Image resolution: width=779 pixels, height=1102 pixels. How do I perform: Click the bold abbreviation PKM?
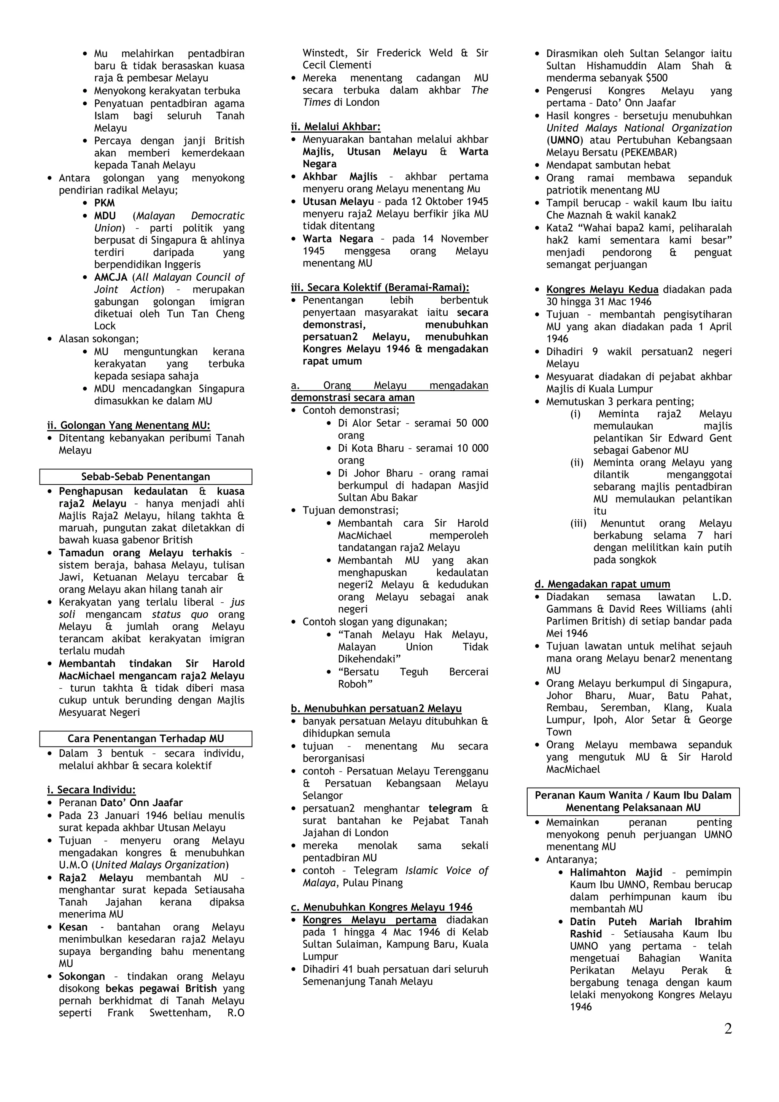click(104, 203)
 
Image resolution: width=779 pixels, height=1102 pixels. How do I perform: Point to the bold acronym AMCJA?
click(110, 278)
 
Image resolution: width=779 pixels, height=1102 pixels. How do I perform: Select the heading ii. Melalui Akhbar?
click(335, 127)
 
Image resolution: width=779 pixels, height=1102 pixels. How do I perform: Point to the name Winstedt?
click(321, 53)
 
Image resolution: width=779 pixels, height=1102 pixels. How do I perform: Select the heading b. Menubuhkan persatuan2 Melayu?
click(376, 708)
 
